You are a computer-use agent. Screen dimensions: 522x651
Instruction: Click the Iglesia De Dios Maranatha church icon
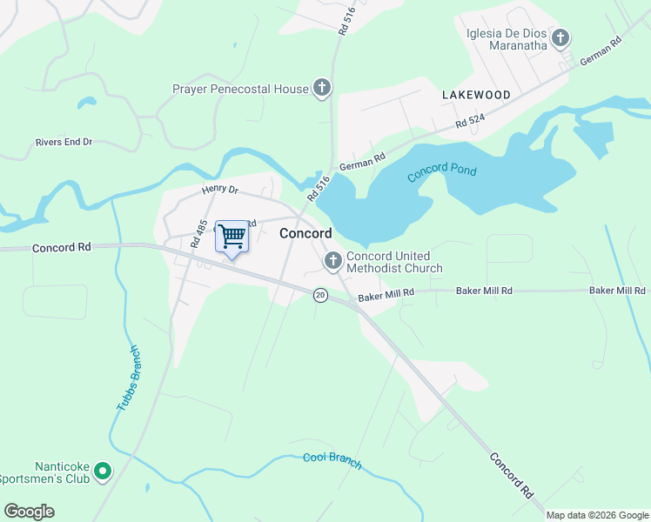pos(560,37)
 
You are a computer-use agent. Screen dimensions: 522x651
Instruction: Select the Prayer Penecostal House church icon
pos(322,88)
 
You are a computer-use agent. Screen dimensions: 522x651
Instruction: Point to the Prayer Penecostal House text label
pos(240,89)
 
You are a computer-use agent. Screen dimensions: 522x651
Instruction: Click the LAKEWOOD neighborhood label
pos(475,94)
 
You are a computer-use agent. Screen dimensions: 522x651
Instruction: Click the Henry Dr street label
pos(219,189)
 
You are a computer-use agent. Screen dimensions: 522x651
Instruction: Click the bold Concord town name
pos(305,233)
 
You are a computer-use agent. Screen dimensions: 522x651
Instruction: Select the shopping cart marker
pos(232,236)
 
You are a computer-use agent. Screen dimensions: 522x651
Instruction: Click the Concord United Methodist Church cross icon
pos(332,261)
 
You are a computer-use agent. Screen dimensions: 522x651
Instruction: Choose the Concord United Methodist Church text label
pos(394,262)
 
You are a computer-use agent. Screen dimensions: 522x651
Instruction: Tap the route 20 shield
pos(320,296)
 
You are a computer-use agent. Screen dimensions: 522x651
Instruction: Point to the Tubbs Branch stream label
pos(127,378)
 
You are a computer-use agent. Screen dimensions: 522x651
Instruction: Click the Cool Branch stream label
pos(332,461)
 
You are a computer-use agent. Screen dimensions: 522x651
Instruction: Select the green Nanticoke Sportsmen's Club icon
pos(103,472)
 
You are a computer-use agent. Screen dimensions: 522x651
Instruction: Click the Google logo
pos(29,511)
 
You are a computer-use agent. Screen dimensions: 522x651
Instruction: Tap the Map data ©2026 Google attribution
pos(596,515)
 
